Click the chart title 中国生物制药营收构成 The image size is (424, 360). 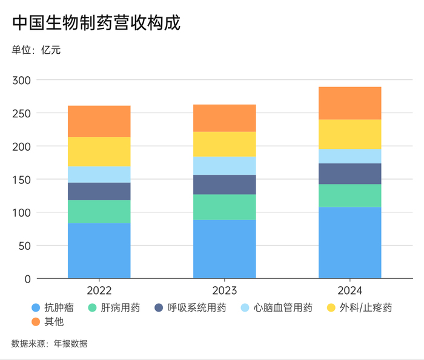[x=96, y=23]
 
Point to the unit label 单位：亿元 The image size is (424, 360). [x=36, y=50]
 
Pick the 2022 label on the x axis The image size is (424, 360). [x=99, y=290]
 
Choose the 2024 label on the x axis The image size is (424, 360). [x=350, y=290]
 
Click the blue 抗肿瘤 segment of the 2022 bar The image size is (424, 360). [x=99, y=250]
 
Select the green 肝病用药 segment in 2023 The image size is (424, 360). [x=225, y=207]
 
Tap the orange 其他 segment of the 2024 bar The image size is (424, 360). [x=350, y=103]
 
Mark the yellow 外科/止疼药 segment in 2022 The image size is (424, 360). [x=99, y=151]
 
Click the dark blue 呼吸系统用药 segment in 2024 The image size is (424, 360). [x=350, y=174]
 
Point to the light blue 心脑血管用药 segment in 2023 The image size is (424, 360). [x=225, y=166]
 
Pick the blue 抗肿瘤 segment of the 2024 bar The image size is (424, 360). [x=350, y=243]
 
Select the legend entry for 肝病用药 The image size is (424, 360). [x=115, y=308]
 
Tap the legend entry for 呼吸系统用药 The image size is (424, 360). [x=192, y=308]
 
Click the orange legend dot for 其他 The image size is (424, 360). [x=36, y=322]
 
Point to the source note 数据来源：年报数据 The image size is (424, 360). [x=50, y=344]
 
